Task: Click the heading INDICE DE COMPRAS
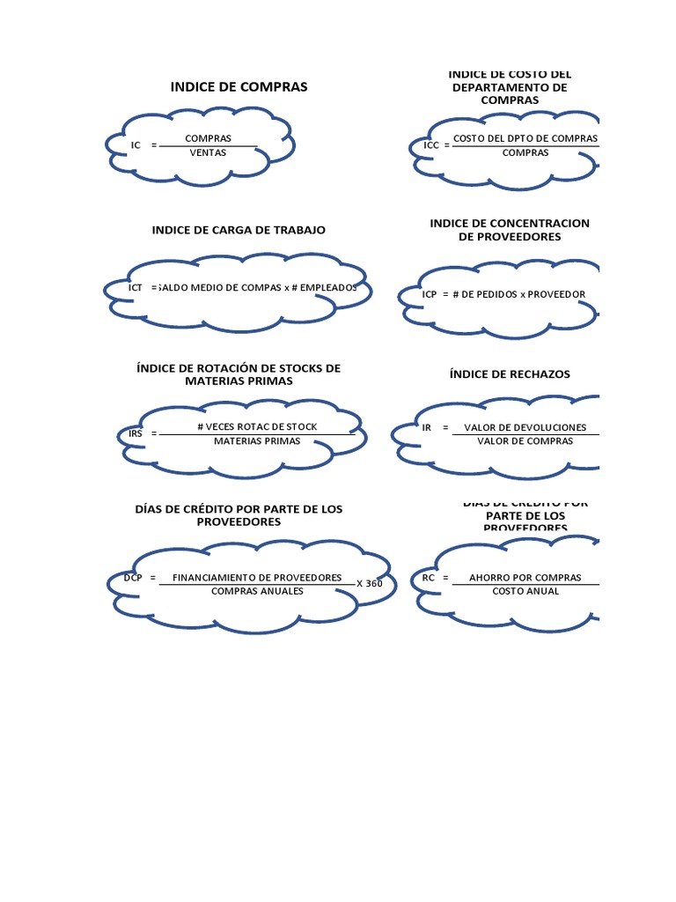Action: (x=239, y=87)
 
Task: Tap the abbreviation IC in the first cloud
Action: (x=136, y=144)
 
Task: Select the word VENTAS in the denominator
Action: (x=208, y=152)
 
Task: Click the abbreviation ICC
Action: (x=431, y=144)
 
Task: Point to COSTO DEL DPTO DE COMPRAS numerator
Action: (x=525, y=138)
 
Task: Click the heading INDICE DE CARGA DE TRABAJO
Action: (x=239, y=230)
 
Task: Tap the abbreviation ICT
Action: (x=136, y=287)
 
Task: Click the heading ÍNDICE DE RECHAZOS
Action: (x=510, y=374)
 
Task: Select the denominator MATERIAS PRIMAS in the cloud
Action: (x=257, y=440)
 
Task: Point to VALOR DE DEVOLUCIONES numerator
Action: (x=525, y=427)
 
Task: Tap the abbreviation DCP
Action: (x=133, y=578)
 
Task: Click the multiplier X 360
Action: (x=369, y=583)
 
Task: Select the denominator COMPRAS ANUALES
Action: (x=257, y=591)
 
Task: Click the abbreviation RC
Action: (x=429, y=578)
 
